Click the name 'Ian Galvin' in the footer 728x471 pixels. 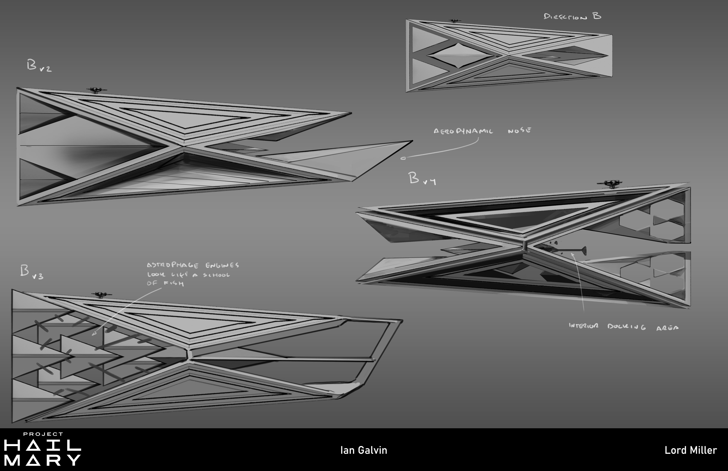tap(364, 450)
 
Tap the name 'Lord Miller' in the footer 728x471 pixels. tap(691, 450)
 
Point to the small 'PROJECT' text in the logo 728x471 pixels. tap(43, 434)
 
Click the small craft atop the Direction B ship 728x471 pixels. tap(455, 21)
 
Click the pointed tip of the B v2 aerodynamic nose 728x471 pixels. tap(412, 141)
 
